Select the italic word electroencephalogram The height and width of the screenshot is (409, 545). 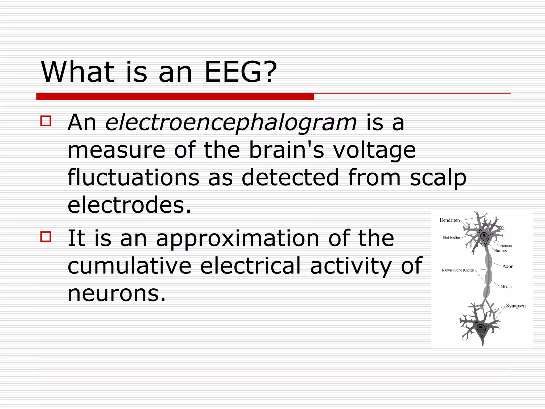(x=231, y=123)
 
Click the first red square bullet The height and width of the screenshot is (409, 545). (x=46, y=121)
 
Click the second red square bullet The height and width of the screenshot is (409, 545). (x=46, y=236)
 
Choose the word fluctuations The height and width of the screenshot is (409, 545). (x=133, y=177)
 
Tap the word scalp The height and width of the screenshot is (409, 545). (x=438, y=178)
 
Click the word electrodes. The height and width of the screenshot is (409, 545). (x=129, y=205)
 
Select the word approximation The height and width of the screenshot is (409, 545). (x=237, y=239)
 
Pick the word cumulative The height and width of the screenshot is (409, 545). (x=129, y=265)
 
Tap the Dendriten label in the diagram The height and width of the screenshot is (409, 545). (x=449, y=220)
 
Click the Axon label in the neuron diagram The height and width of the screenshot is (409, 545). (x=508, y=266)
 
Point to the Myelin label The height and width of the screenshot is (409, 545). (x=506, y=287)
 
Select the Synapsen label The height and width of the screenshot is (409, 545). (x=516, y=306)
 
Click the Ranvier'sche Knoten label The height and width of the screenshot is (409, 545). (x=458, y=270)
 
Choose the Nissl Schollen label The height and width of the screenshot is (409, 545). (x=451, y=238)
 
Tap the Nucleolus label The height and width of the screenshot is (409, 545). (x=506, y=246)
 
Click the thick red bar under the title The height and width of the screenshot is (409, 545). (x=175, y=97)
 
